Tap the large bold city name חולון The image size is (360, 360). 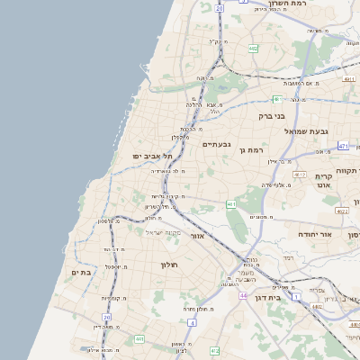[x=169, y=265]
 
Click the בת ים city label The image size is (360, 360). [x=81, y=272]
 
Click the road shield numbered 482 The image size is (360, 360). [x=255, y=49]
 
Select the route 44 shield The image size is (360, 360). [x=244, y=295]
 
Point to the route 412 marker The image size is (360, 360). [x=213, y=351]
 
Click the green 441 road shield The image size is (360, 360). [x=139, y=338]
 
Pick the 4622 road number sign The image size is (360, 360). [x=341, y=211]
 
